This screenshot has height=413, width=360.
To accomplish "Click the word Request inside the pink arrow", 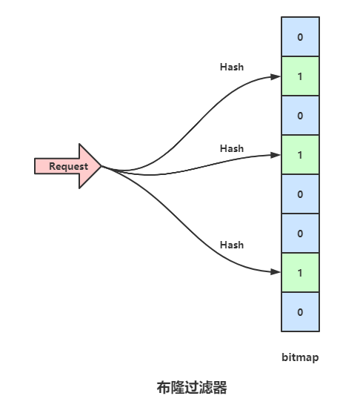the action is [68, 167].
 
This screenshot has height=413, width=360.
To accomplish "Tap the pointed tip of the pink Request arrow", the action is [101, 166].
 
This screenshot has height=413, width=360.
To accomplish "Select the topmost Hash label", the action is [232, 67].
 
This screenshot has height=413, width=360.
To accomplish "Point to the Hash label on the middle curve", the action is [232, 148].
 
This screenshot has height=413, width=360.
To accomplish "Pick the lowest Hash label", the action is [232, 245].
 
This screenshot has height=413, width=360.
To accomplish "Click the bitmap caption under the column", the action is [300, 357].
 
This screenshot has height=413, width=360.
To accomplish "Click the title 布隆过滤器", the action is [192, 388].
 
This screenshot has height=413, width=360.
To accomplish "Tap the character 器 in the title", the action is [220, 388].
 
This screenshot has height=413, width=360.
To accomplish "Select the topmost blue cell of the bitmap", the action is [300, 36].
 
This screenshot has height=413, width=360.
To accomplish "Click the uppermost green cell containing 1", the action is [300, 76].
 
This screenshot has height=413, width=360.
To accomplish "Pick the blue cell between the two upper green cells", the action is [300, 116].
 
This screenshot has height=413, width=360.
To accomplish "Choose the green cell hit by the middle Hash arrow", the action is [300, 155].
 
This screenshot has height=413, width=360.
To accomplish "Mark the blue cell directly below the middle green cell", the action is [300, 194].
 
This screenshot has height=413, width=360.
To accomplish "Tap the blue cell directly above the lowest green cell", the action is [300, 233].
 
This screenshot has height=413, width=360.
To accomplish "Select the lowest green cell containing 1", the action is [300, 272].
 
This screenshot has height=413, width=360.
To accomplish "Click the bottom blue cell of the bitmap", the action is [300, 312].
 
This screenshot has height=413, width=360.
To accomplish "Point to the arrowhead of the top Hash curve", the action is [276, 77].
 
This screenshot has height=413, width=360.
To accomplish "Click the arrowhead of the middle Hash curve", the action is [276, 155].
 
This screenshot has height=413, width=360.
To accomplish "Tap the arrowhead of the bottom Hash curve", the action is [276, 272].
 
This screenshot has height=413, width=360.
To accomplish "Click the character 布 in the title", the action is [164, 388].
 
